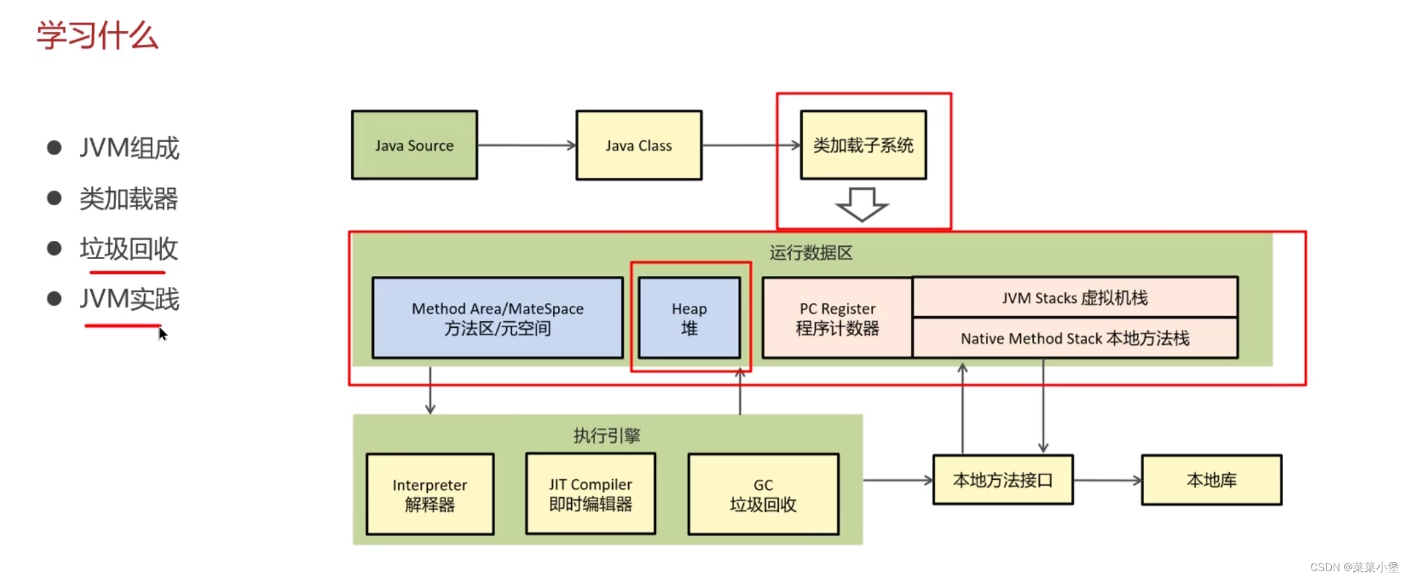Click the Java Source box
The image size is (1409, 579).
click(x=414, y=145)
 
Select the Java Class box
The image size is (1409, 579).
click(x=639, y=145)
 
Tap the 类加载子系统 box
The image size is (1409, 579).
click(x=863, y=145)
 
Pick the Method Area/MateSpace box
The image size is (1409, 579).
click(x=497, y=318)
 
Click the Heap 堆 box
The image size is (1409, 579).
click(x=689, y=318)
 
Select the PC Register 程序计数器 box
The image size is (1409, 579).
click(x=837, y=318)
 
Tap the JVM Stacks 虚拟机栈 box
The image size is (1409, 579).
click(x=1075, y=298)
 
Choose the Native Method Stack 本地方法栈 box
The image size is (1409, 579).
click(x=1075, y=338)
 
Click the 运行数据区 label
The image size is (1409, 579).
click(x=811, y=253)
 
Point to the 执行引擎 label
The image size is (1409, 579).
click(x=607, y=435)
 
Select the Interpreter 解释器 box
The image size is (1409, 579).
click(x=430, y=494)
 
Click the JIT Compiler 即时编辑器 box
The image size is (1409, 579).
click(x=591, y=494)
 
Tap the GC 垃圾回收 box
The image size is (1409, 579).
click(x=763, y=494)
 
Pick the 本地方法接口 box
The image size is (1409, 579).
click(x=1003, y=480)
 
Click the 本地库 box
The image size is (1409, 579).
click(x=1212, y=480)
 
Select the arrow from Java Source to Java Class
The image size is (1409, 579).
click(x=526, y=145)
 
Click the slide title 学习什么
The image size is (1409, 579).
click(x=97, y=35)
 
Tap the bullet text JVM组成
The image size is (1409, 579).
click(x=129, y=148)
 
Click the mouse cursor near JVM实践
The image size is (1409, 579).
click(x=162, y=334)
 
